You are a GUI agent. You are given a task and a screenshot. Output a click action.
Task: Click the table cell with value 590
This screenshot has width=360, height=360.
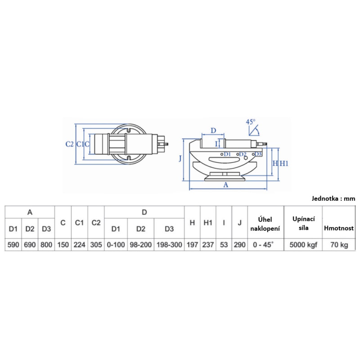pos(13,245)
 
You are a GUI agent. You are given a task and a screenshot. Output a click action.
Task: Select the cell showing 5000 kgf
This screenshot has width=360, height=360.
pos(303,245)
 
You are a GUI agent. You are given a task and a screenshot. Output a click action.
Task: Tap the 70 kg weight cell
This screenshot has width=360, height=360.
pos(339,245)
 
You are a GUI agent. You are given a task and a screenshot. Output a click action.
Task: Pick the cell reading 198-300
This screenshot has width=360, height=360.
pos(169,245)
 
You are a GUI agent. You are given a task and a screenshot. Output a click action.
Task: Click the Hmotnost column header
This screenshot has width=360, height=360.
pos(339,228)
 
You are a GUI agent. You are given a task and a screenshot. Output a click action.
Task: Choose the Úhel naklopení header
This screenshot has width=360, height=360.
pos(265,224)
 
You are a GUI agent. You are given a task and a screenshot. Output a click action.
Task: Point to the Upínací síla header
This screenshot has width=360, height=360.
pos(303,223)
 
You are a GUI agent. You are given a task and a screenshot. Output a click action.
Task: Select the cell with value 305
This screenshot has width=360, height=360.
pos(96,245)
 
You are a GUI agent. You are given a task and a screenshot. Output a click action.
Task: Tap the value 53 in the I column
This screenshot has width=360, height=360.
pos(224,245)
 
